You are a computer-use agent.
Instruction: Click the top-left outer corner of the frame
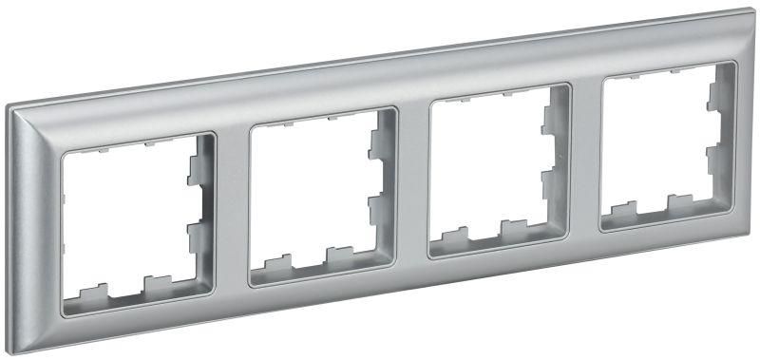[x=9, y=107]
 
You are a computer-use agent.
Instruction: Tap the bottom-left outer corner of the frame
[x=15, y=351]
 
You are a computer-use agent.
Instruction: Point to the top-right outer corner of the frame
[x=750, y=11]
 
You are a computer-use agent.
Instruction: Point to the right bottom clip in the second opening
[x=338, y=256]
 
